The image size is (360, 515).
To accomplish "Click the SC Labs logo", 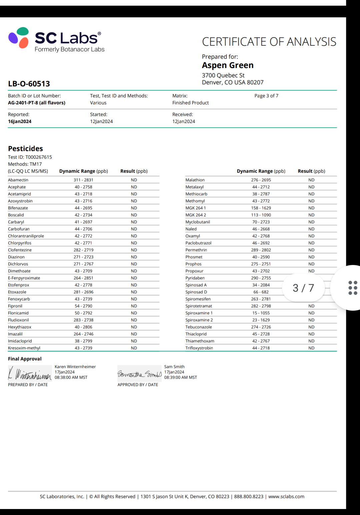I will coord(56,40).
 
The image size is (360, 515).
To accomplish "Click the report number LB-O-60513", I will coord(29,84).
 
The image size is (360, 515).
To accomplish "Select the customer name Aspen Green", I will coord(228,65).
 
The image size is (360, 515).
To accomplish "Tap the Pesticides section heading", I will coord(25,149).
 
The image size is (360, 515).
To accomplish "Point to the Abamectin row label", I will coord(18,180).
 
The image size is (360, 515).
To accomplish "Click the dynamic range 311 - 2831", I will coord(83,180).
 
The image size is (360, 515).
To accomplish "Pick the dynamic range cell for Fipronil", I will coord(83,306).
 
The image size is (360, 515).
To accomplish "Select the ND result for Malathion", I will coord(311,180).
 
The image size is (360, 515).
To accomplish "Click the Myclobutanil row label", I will coord(198,222).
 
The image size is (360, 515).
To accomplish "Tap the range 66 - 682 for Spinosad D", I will coord(261,292).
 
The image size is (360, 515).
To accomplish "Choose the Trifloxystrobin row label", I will coord(199,348).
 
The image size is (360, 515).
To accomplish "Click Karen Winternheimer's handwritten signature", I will coord(30,374).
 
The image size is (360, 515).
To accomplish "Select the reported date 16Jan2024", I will coord(20,121).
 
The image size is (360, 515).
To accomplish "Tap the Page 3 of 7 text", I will coord(266,96).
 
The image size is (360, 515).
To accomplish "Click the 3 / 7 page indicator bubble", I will coord(303,288).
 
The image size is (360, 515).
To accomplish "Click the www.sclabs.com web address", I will coord(286,497).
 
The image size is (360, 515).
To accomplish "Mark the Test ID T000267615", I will coord(39,157).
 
